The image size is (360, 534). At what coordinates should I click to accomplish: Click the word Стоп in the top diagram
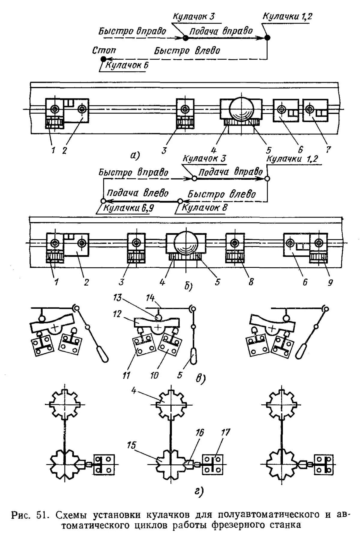point(104,50)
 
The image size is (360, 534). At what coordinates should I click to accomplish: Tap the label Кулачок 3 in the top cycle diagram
point(194,16)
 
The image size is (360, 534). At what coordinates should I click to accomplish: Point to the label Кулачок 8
point(205,207)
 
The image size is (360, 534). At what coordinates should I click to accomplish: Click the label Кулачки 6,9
point(128,208)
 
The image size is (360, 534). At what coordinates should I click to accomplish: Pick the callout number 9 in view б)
point(330,282)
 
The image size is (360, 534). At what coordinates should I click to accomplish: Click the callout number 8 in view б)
point(251,282)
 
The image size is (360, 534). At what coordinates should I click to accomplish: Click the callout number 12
point(118,314)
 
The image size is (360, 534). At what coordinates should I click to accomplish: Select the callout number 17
point(225,433)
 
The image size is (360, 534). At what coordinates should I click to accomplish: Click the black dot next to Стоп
point(103,59)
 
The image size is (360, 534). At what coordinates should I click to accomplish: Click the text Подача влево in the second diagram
point(137,193)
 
